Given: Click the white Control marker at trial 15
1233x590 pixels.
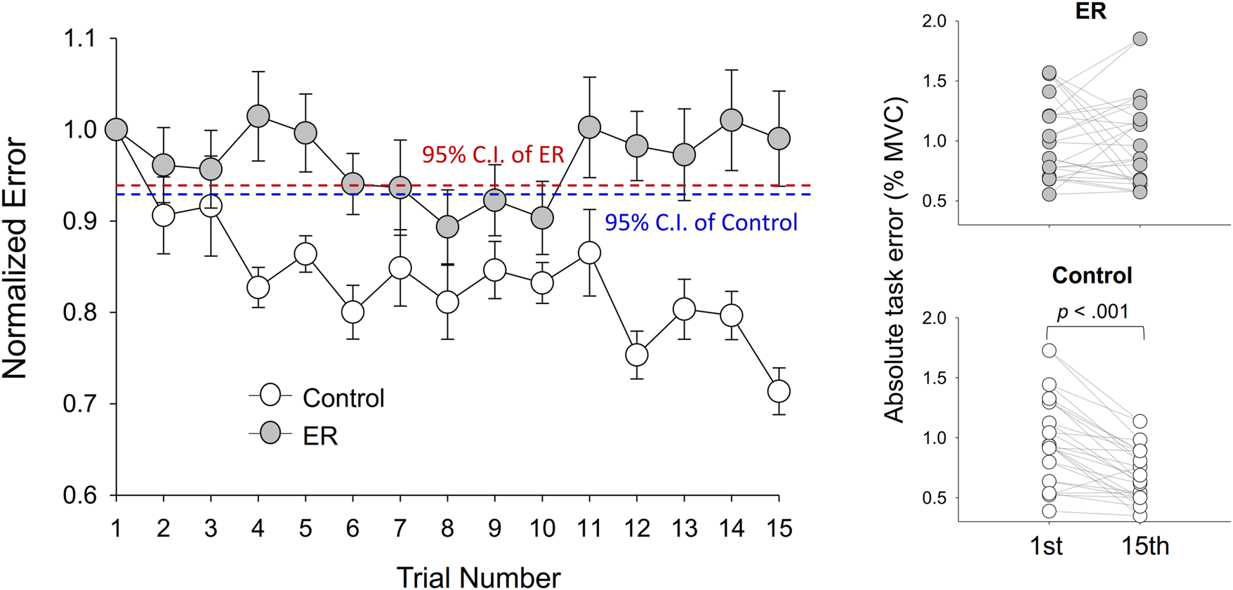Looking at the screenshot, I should (779, 391).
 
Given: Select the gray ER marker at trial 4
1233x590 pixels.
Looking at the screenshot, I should (258, 117).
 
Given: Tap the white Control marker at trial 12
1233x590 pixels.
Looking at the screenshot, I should (637, 355).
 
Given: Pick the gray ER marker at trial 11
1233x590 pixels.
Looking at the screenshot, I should (589, 127).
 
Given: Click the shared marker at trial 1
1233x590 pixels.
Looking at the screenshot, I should (117, 130).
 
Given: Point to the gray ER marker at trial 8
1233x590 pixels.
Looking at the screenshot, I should (447, 227).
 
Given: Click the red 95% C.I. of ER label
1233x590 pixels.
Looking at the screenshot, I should (493, 155).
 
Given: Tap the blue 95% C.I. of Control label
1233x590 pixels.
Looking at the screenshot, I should (701, 223).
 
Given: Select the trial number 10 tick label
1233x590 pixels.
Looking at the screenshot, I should (541, 527).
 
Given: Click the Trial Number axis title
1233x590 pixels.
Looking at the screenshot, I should (478, 577).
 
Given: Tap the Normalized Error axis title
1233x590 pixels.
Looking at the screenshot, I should (15, 259).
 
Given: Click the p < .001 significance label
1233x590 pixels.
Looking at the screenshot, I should (1093, 311).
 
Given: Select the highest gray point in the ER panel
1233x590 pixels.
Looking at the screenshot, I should (1140, 39).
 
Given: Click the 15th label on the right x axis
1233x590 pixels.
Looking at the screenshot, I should (1145, 546).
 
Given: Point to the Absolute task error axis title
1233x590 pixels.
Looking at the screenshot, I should (895, 260).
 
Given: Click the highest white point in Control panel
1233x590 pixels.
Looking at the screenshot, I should (1049, 350).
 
